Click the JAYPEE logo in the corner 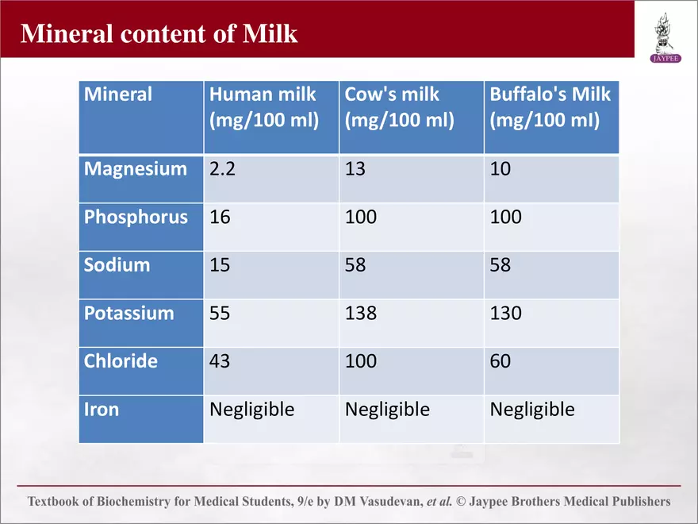tap(665, 38)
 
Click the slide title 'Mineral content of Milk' tap(159, 33)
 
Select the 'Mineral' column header tap(118, 94)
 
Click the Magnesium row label tap(136, 169)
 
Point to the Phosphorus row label tap(136, 218)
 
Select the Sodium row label tap(117, 265)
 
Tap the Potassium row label tap(128, 314)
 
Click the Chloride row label tap(121, 361)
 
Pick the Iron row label tap(102, 410)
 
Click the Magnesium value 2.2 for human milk tap(222, 169)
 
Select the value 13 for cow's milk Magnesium tap(355, 169)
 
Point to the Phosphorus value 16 tap(220, 217)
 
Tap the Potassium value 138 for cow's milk tap(361, 314)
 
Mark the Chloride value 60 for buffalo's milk tap(500, 361)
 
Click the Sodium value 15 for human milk tap(220, 265)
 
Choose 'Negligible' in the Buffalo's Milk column tap(532, 410)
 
